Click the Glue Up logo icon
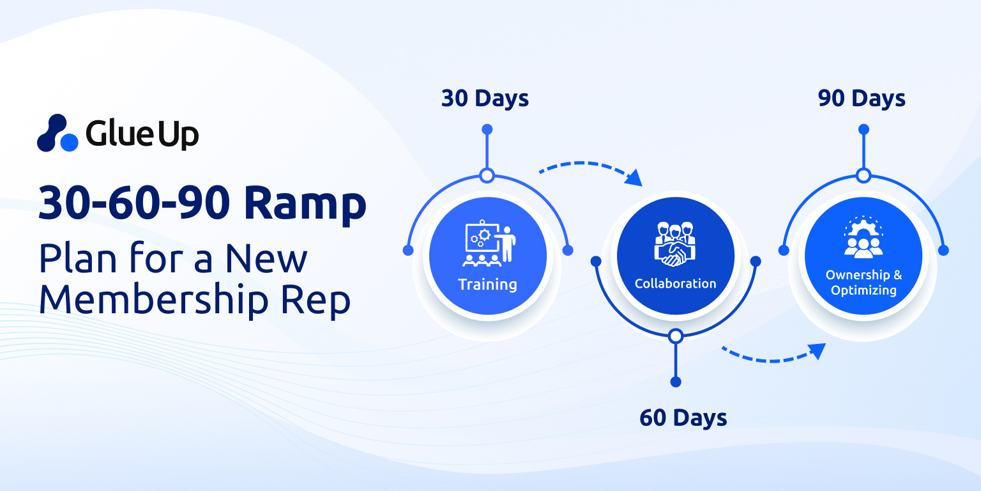tap(58, 133)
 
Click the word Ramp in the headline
tap(305, 205)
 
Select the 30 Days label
tap(485, 98)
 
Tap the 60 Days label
tap(683, 417)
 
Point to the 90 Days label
tap(862, 98)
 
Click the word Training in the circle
tap(487, 284)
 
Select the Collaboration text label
tap(675, 284)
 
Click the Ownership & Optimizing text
tap(863, 283)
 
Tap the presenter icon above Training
tap(489, 243)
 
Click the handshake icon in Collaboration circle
tap(675, 244)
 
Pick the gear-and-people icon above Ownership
tap(863, 237)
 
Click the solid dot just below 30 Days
tap(487, 129)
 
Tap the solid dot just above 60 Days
tap(676, 382)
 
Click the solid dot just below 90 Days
tap(863, 129)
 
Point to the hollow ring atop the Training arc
tap(487, 176)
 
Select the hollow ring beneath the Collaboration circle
tap(676, 336)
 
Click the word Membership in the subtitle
tap(154, 300)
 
